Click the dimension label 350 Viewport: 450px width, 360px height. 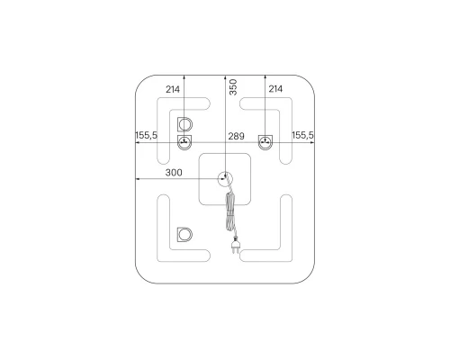(233, 87)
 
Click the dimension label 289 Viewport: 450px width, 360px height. (236, 136)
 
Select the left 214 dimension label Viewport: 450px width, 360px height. (173, 90)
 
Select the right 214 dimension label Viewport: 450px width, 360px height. (275, 90)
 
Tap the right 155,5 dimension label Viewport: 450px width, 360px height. (302, 135)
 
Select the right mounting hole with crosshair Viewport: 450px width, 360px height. (265, 141)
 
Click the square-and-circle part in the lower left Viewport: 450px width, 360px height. (184, 236)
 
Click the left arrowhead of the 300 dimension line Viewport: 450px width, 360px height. (137, 178)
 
